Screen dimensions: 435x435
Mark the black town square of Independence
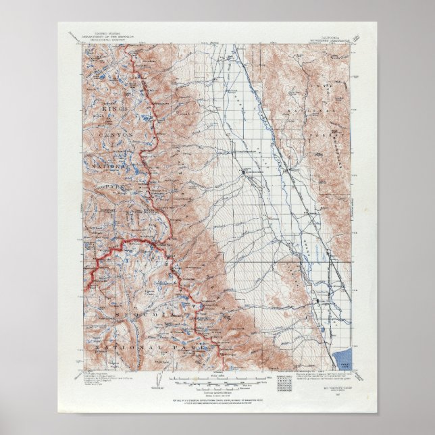(244, 173)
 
